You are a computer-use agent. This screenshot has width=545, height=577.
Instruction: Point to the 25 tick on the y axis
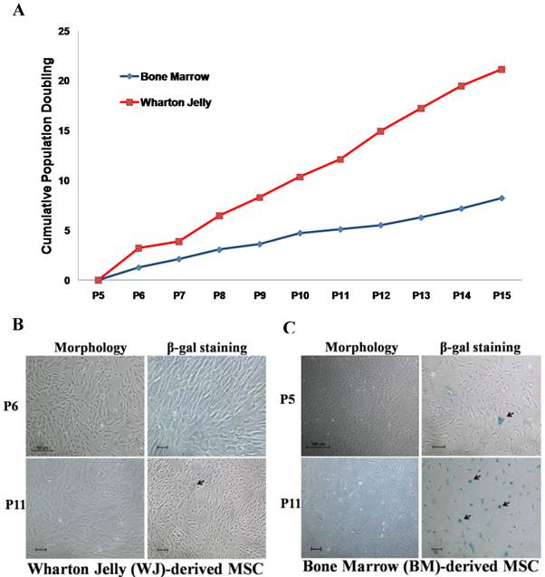point(63,32)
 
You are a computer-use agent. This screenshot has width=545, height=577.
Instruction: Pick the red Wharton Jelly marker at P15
point(501,70)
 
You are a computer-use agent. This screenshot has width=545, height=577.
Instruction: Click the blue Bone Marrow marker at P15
point(501,198)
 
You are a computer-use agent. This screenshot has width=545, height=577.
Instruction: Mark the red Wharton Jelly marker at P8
point(220,216)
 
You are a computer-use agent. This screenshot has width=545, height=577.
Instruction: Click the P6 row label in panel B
point(14,408)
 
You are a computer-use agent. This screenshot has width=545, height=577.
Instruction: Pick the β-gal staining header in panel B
point(203,347)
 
